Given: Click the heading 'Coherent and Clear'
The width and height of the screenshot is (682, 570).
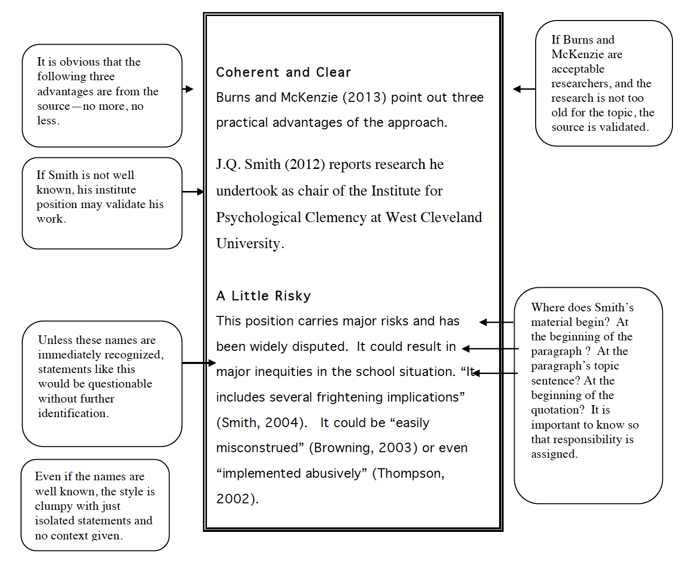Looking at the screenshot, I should click(283, 73).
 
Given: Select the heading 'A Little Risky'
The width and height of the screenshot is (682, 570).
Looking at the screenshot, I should click(263, 296).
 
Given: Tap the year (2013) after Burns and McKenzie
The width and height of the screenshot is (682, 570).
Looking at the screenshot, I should click(364, 97).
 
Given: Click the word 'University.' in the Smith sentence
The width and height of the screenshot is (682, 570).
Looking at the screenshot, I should click(250, 244).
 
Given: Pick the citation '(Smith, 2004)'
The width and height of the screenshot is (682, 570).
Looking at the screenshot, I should click(262, 423).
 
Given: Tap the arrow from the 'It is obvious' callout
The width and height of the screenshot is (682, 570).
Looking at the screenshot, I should click(188, 89).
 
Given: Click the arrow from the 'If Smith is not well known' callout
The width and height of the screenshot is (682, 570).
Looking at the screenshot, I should click(193, 192).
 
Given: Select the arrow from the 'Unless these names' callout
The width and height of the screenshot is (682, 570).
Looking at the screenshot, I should click(199, 362).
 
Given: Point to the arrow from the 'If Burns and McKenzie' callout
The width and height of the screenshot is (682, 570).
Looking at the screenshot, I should click(524, 89).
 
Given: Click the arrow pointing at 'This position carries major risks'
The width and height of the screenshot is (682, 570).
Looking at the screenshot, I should click(496, 322).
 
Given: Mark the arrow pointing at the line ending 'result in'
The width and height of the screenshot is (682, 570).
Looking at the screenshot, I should click(490, 348).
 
